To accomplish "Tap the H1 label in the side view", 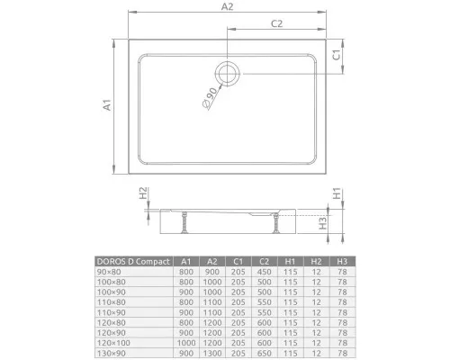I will pyautogui.click(x=337, y=193).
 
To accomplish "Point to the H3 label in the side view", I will pyautogui.click(x=335, y=221).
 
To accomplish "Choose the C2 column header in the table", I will pyautogui.click(x=264, y=261).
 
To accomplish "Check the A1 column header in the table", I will pyautogui.click(x=185, y=261).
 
